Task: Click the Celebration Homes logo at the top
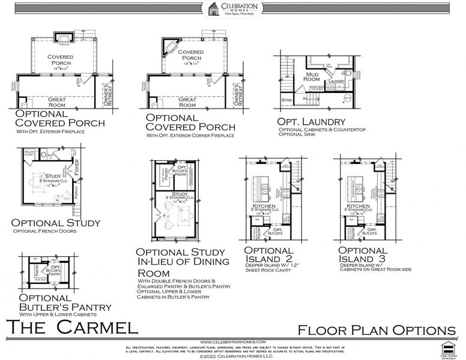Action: click(232, 11)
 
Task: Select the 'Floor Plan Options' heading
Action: click(377, 329)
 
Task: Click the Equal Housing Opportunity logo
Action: click(446, 349)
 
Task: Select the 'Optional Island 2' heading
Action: click(268, 254)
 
